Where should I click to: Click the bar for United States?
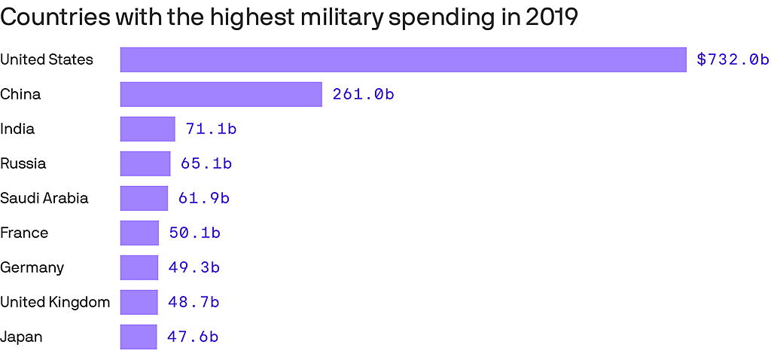403,59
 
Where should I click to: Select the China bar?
221,94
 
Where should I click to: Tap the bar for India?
148,129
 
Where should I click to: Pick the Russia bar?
145,163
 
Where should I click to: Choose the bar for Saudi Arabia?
144,198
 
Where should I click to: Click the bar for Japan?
139,337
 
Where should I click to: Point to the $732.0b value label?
733,59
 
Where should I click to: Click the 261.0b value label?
364,94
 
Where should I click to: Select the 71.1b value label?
211,129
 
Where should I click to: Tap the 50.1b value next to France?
194,233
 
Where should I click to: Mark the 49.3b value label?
194,267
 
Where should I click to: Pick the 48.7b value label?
194,302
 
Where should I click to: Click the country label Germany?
32,267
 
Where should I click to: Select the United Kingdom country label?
55,302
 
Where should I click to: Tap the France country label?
24,233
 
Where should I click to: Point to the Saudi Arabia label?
44,198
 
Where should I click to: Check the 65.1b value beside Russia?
206,163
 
